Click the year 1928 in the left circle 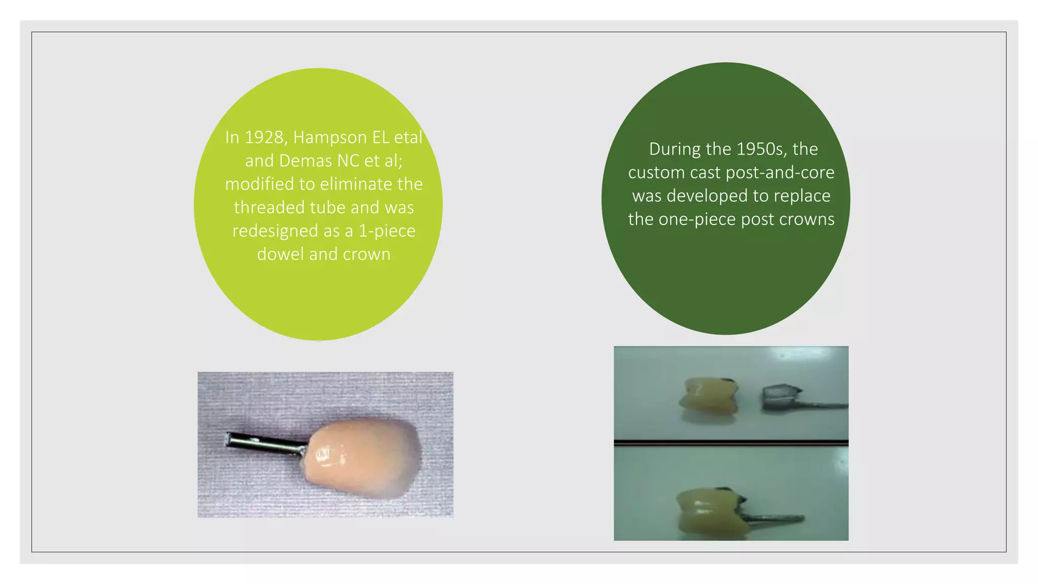pos(263,137)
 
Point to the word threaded pos(269,207)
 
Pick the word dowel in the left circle pos(280,254)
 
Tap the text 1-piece pos(387,231)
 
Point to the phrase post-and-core pos(780,172)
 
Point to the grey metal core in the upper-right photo pos(781,398)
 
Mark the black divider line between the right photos pos(731,443)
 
